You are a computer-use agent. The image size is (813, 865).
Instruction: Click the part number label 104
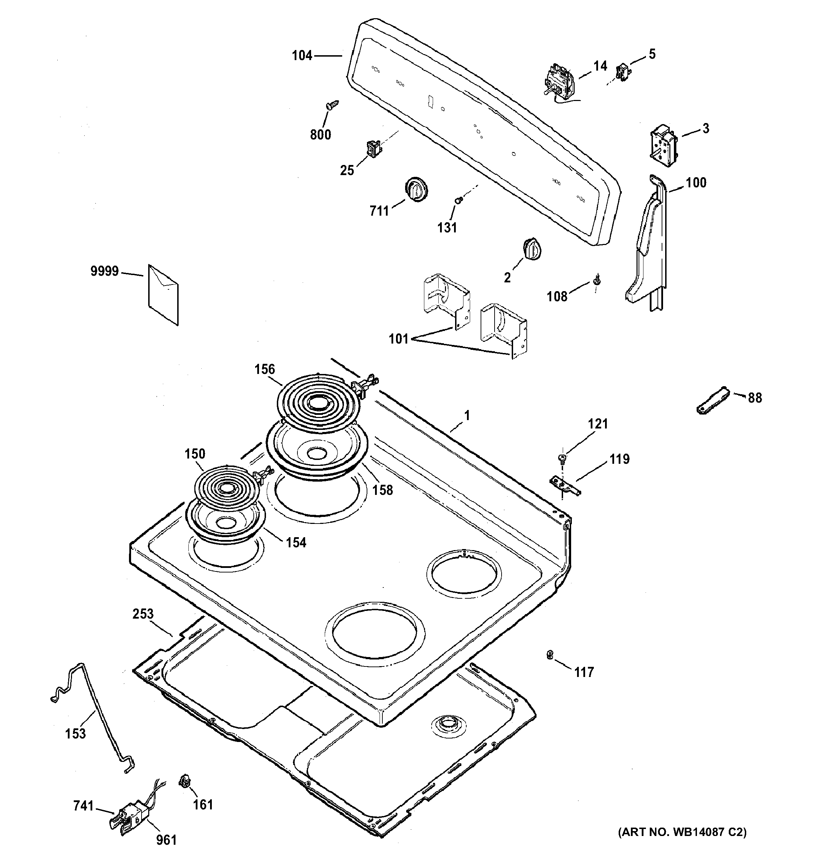(x=302, y=56)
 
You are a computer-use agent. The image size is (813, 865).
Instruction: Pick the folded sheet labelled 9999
(x=163, y=294)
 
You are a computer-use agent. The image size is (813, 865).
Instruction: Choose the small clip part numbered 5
(x=623, y=73)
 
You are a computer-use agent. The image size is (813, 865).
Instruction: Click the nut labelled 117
(x=550, y=666)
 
